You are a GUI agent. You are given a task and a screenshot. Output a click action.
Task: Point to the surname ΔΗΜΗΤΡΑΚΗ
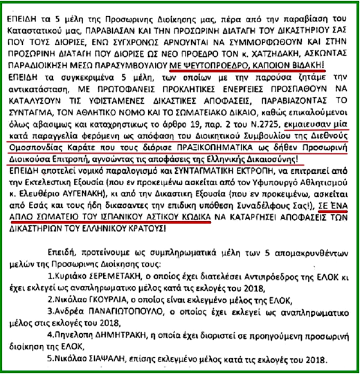[133, 339]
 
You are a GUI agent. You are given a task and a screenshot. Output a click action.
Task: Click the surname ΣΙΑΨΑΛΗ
[104, 362]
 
